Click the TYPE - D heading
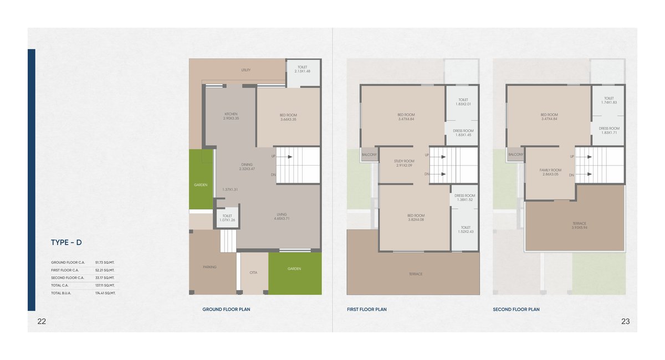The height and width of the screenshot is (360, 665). pos(66,243)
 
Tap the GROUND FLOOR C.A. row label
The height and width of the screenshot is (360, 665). pos(68,262)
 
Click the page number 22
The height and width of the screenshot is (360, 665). pos(42,321)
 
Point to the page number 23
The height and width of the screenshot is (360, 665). pos(625,321)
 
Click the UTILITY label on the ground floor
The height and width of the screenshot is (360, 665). pos(246,70)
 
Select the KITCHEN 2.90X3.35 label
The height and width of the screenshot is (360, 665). pos(231,116)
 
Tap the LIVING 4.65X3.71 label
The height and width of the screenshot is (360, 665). pos(282,216)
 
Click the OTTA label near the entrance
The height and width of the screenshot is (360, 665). pos(253,272)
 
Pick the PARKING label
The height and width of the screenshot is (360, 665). pos(209,267)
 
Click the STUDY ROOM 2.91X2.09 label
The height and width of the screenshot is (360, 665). pos(405,163)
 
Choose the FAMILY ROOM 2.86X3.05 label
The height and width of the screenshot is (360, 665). pos(550,172)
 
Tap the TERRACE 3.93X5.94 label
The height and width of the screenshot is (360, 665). pos(579,225)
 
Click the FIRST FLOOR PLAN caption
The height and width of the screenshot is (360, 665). pos(367,310)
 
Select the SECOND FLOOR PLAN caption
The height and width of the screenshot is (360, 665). pos(516,310)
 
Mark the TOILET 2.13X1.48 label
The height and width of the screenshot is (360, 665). pos(302,69)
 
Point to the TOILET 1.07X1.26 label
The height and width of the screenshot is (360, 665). pos(227,218)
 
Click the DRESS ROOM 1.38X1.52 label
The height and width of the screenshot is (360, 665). pos(465,198)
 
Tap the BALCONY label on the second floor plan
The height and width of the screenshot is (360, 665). pos(516,155)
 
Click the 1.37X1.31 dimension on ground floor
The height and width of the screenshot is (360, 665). pos(230,189)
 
